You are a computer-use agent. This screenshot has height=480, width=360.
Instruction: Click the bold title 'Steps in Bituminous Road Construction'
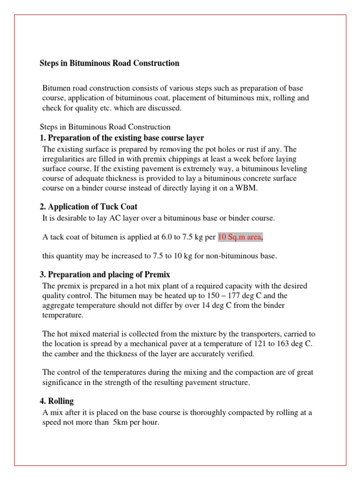point(109,63)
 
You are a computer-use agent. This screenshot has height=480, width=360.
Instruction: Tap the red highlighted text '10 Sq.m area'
point(239,238)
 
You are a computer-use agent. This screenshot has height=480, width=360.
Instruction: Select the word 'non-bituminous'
point(223,256)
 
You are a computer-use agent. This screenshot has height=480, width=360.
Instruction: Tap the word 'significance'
point(63,382)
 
